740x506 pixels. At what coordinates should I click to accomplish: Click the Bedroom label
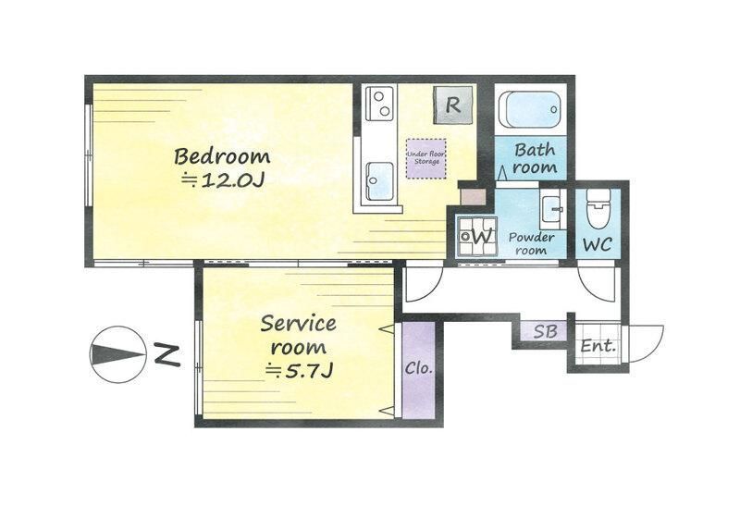click(222, 156)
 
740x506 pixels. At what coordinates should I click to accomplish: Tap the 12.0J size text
click(223, 180)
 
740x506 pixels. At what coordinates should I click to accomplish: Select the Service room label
click(298, 335)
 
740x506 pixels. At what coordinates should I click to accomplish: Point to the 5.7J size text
click(299, 372)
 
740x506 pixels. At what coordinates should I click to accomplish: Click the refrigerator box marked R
click(453, 105)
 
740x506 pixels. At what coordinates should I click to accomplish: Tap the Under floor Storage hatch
click(426, 158)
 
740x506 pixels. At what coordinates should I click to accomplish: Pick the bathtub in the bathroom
click(530, 109)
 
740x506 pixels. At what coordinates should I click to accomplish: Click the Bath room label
click(535, 158)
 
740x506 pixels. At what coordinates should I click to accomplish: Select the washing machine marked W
click(477, 236)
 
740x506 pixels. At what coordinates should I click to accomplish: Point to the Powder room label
click(531, 243)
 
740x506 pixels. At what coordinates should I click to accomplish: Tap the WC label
click(598, 244)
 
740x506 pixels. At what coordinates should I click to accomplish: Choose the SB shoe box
click(545, 331)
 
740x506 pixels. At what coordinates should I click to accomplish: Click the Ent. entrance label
click(598, 347)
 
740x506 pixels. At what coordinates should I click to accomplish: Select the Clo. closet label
click(419, 367)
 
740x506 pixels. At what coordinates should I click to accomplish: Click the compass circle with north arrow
click(118, 354)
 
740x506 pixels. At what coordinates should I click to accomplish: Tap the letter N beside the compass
click(168, 355)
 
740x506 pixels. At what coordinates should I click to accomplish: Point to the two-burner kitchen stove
click(380, 104)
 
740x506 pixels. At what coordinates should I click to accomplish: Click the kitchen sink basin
click(380, 180)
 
